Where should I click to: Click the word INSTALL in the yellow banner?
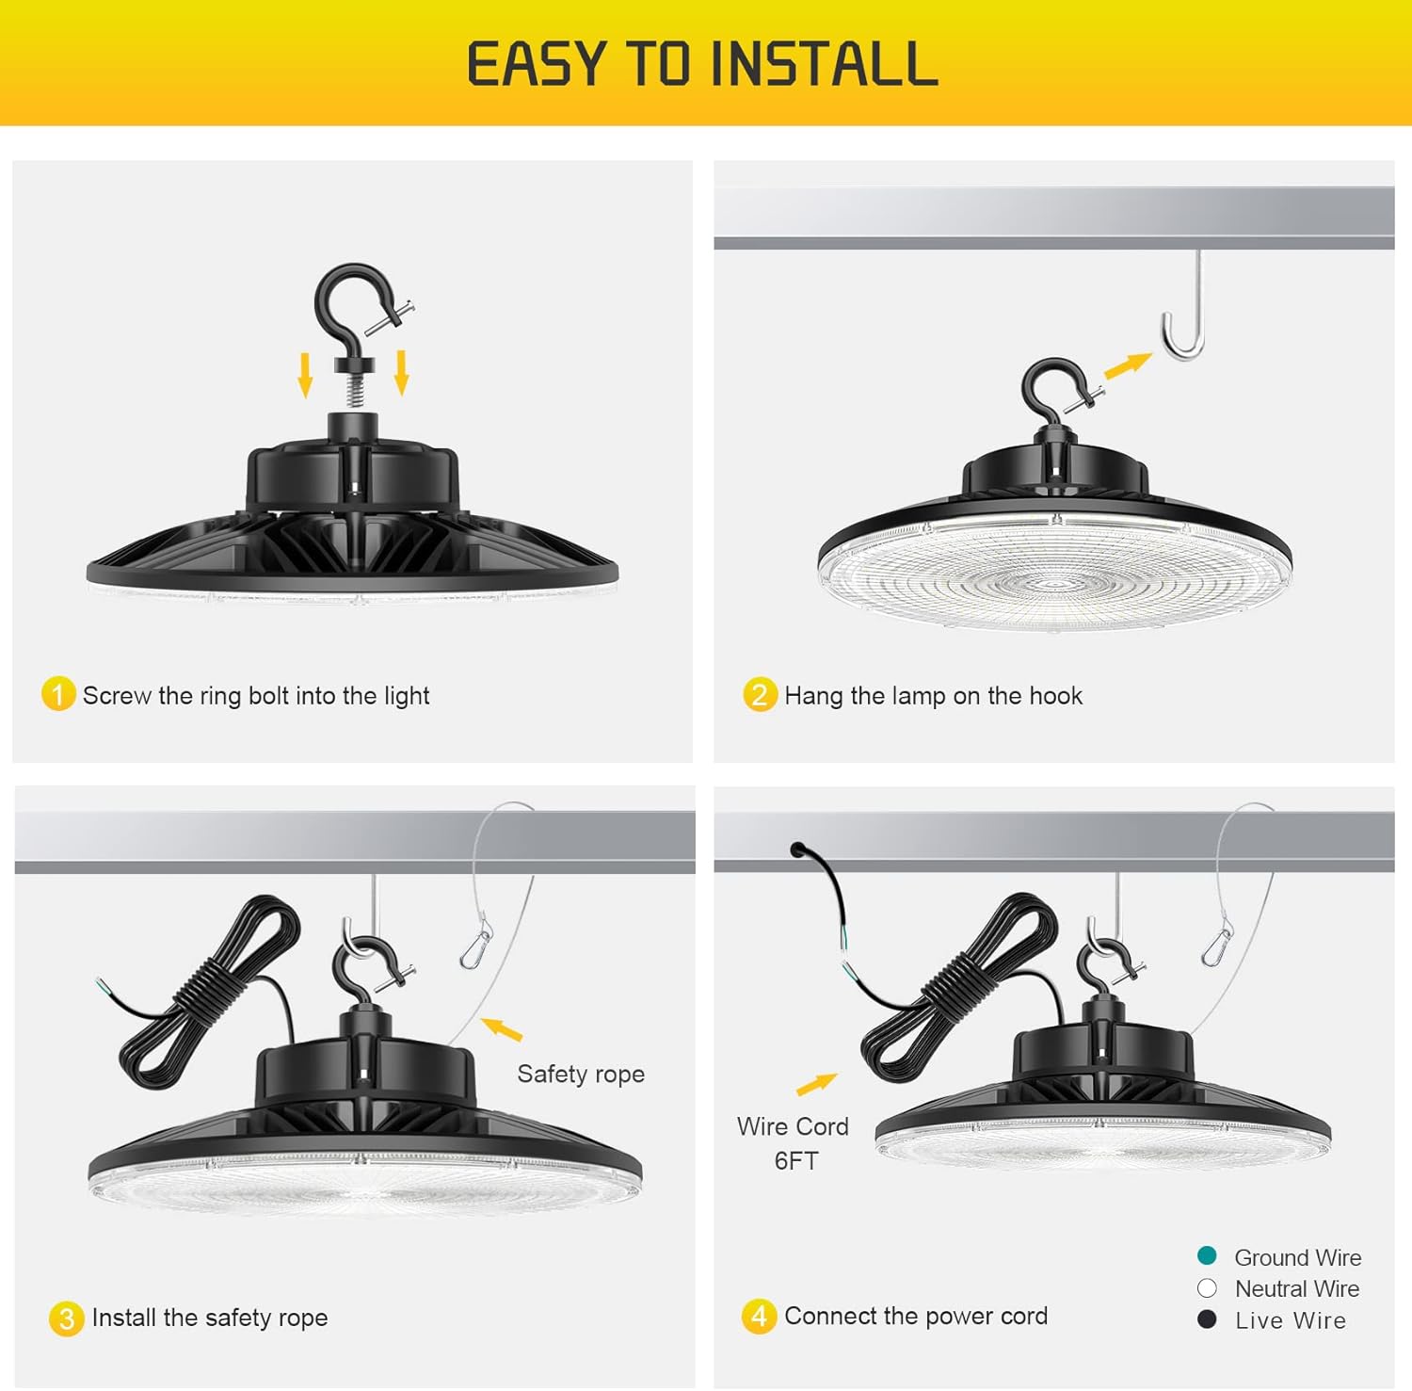coord(824,65)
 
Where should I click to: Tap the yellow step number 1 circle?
coord(58,695)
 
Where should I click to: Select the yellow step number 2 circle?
coord(760,695)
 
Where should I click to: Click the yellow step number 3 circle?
coord(66,1318)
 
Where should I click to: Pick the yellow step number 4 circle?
coord(759,1316)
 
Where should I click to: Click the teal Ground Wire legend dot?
coord(1207,1255)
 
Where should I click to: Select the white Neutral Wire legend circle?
coord(1207,1287)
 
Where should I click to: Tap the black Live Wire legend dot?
coord(1207,1319)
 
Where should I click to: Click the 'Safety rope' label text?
coord(581,1075)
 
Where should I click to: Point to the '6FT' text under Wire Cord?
coord(796,1161)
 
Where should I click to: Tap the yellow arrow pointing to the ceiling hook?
coord(1128,365)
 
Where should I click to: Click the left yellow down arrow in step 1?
coord(305,374)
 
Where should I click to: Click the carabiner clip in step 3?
coord(476,946)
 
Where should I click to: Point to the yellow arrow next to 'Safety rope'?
coord(502,1028)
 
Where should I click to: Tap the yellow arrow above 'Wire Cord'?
coord(816,1084)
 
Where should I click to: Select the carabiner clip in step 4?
coord(1218,944)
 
